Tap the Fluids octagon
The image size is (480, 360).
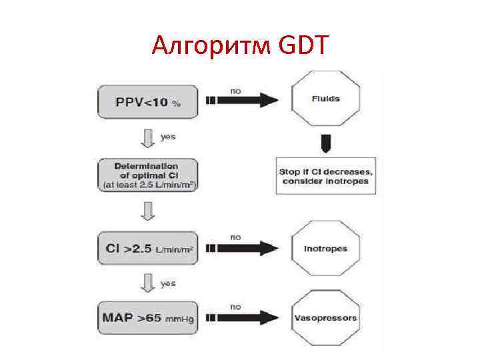pyautogui.click(x=325, y=99)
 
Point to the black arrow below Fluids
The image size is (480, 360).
pyautogui.click(x=325, y=142)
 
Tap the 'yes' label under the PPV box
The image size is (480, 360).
pyautogui.click(x=169, y=136)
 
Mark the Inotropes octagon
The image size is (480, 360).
pyautogui.click(x=325, y=249)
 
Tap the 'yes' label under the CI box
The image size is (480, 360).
pyautogui.click(x=169, y=283)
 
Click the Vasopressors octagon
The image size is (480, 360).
pyautogui.click(x=325, y=317)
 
